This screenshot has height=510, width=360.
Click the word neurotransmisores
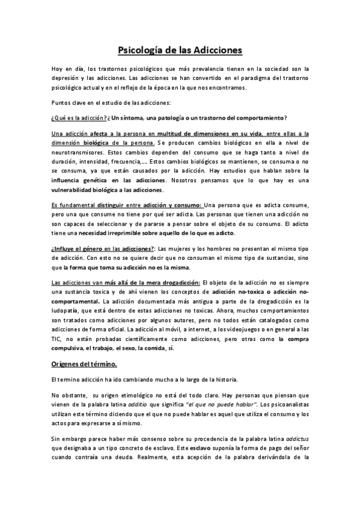click(x=75, y=154)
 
